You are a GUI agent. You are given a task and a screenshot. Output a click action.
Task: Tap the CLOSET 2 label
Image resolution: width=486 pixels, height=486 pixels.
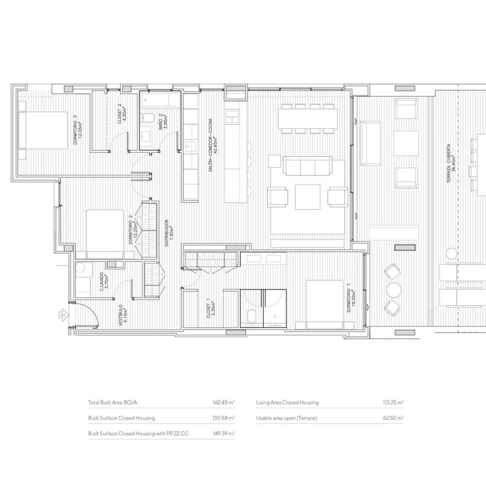tap(121, 114)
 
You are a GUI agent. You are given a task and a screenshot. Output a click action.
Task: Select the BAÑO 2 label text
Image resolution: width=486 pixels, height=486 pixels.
tap(163, 122)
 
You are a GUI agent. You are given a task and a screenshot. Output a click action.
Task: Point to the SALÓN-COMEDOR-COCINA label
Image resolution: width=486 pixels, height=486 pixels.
tap(213, 145)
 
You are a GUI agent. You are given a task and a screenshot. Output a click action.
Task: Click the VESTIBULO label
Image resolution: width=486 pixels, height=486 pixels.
tap(123, 315)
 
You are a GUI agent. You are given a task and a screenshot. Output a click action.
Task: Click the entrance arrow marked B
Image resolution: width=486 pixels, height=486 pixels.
tap(63, 315)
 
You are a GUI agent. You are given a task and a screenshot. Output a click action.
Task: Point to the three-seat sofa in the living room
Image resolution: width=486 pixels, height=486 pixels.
tap(308, 166)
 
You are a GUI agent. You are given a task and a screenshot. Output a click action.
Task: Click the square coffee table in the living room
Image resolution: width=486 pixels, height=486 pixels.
tap(308, 197)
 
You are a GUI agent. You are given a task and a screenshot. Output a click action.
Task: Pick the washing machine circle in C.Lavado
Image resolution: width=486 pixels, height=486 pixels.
tap(81, 268)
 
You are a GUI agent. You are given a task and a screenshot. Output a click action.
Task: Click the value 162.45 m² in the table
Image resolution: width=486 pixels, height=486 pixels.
tap(224, 402)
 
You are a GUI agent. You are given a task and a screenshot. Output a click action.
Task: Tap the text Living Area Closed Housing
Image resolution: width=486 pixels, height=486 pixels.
tap(287, 402)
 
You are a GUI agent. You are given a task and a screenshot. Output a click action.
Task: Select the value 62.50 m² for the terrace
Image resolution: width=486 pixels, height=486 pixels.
tap(393, 418)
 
